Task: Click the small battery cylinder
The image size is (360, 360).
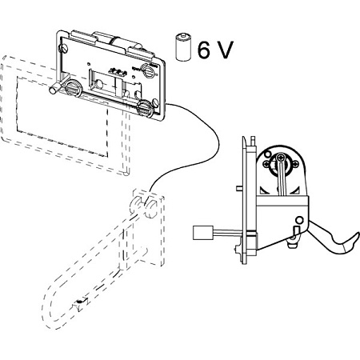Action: coord(183,47)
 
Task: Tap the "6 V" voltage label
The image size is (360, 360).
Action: coord(215,50)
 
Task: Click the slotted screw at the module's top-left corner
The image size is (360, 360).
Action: coord(64,48)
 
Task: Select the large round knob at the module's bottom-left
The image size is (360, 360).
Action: coord(73,87)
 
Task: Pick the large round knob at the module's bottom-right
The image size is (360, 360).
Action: coord(145,109)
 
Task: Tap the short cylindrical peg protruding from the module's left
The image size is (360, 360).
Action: coord(55,89)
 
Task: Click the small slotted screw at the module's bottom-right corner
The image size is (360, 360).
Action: coord(155,102)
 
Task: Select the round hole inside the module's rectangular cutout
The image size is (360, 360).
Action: coord(99,84)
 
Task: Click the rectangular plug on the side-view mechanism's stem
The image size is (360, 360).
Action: coord(203,233)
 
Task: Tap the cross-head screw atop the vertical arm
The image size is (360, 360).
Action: coord(280,158)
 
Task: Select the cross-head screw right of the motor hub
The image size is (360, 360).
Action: coord(296,165)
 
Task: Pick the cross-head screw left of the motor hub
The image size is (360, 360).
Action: coord(266,165)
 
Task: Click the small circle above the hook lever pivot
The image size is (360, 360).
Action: coord(300,220)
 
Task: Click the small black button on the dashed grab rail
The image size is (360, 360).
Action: coord(79,302)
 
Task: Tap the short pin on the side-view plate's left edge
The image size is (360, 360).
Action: coord(240,188)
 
